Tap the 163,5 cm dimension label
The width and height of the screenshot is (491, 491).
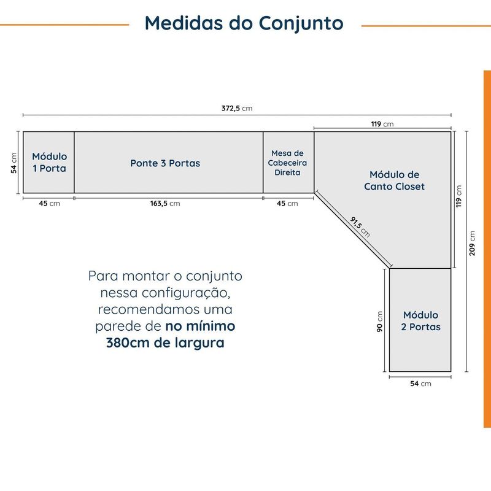[165, 204]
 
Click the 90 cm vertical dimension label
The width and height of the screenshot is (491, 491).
[379, 322]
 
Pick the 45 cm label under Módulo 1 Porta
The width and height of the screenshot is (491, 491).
[49, 204]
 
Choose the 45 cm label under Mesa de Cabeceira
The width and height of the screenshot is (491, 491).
[287, 204]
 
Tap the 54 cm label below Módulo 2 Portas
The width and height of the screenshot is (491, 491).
[420, 384]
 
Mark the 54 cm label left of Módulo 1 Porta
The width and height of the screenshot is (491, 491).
[14, 163]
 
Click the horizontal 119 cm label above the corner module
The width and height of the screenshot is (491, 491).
[382, 124]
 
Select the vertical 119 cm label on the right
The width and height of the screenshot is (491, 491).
[458, 196]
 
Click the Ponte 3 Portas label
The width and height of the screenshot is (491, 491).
[165, 163]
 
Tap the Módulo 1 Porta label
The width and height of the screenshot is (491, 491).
[50, 162]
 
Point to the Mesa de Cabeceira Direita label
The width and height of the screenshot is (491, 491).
[287, 163]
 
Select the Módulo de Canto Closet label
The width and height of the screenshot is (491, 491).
[394, 180]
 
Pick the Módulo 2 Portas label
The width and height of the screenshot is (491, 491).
[420, 320]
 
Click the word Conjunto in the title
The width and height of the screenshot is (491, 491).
[301, 23]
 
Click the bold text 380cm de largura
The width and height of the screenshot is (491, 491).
[165, 342]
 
